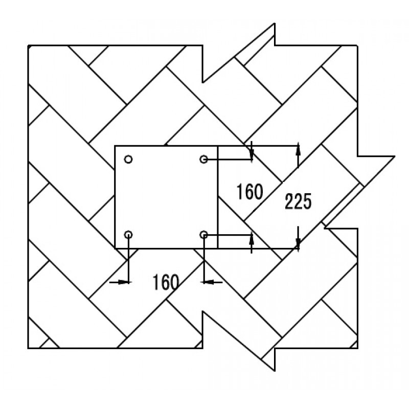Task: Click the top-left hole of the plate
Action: pyautogui.click(x=128, y=159)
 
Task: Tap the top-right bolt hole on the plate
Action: pyautogui.click(x=203, y=159)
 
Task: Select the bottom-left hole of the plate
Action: pyautogui.click(x=128, y=235)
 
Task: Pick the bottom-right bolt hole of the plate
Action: pyautogui.click(x=203, y=235)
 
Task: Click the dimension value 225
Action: pyautogui.click(x=298, y=201)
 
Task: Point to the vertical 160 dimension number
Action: pyautogui.click(x=249, y=192)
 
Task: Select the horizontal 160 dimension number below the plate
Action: pyautogui.click(x=166, y=282)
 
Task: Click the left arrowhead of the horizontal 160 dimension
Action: pyautogui.click(x=123, y=282)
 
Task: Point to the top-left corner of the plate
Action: pyautogui.click(x=115, y=146)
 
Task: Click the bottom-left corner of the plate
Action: pyautogui.click(x=115, y=248)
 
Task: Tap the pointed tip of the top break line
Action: pyautogui.click(x=275, y=24)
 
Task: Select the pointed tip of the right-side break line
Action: pyautogui.click(x=395, y=156)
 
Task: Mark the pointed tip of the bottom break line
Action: pyautogui.click(x=275, y=370)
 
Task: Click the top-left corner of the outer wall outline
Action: pyautogui.click(x=28, y=46)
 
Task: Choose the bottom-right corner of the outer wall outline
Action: pyautogui.click(x=357, y=348)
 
